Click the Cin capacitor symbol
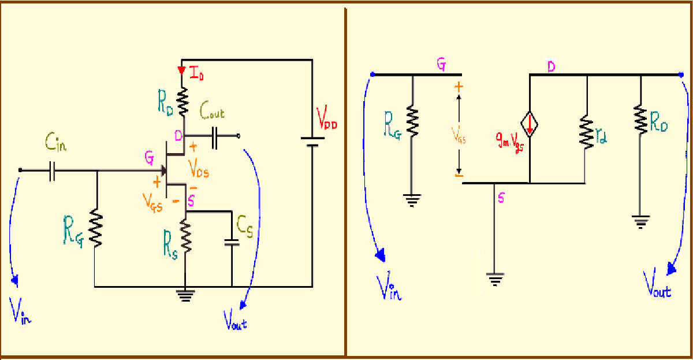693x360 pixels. pos(52,170)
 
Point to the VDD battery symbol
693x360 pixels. pos(312,142)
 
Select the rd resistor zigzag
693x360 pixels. pos(587,132)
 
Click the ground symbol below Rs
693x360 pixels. pos(185,296)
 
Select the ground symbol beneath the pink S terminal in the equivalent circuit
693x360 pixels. pos(495,280)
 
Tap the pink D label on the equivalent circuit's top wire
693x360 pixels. pos(552,68)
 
